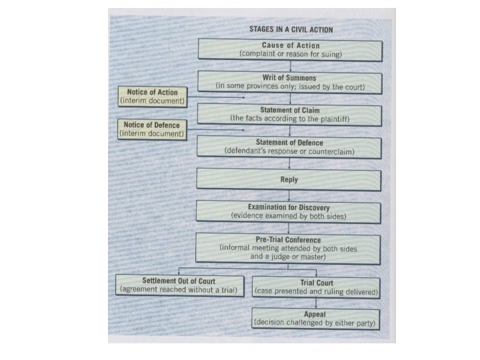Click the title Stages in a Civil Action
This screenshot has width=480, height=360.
point(291,30)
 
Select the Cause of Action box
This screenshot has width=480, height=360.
point(289,50)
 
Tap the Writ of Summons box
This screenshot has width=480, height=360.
point(289,82)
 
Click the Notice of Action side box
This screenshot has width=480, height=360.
point(153,96)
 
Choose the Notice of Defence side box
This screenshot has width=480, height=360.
point(152,129)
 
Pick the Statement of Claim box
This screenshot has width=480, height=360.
point(289,114)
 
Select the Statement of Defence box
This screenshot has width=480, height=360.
point(289,147)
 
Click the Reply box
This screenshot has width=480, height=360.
point(289,180)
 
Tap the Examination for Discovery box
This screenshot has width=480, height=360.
point(289,212)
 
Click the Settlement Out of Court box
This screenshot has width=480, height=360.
point(177,285)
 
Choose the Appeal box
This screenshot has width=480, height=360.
point(317,319)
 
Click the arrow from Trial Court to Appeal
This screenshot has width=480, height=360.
point(317,303)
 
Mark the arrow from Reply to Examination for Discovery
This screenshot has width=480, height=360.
point(289,196)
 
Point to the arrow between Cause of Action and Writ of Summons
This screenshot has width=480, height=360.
point(289,66)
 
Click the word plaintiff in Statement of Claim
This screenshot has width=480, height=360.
point(331,119)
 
